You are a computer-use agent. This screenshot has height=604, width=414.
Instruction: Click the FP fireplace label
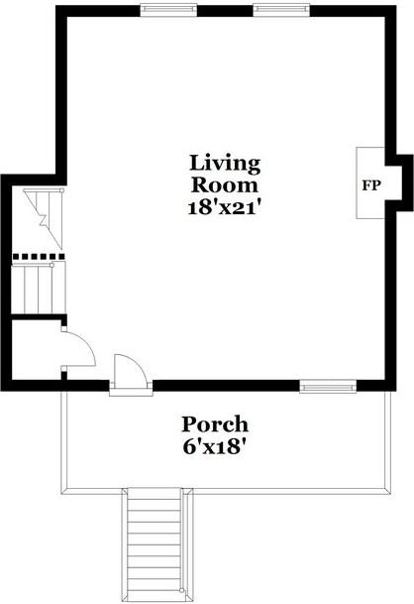click(x=371, y=185)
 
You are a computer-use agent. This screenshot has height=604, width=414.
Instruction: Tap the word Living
click(x=225, y=163)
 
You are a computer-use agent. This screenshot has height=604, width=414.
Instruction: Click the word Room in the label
click(x=224, y=184)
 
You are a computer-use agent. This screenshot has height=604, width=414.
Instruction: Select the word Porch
click(x=215, y=424)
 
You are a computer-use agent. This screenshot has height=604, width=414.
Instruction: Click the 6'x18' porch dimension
click(x=214, y=447)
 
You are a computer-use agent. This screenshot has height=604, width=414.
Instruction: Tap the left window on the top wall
click(x=168, y=10)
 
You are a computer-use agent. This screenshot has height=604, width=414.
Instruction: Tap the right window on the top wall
click(x=281, y=10)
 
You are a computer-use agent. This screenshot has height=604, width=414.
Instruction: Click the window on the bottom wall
click(x=328, y=386)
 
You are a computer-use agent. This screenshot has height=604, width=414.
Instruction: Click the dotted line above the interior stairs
click(x=39, y=256)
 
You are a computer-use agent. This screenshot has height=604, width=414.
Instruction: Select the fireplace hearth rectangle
click(x=370, y=182)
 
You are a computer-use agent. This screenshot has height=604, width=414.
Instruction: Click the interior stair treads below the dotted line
click(x=39, y=288)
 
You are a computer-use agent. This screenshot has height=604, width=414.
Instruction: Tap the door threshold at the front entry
click(x=131, y=390)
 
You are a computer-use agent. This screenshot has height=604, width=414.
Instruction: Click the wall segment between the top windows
click(x=225, y=11)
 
